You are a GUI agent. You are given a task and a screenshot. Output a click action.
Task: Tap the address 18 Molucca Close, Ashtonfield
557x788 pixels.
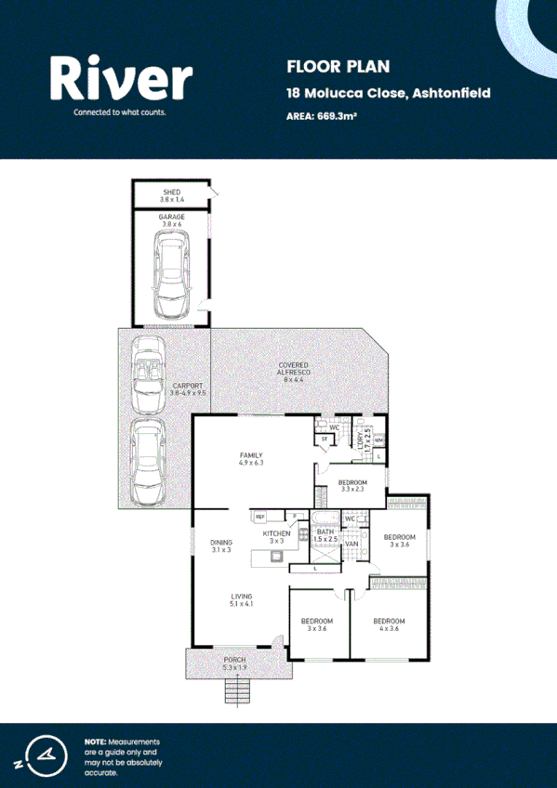[388, 93]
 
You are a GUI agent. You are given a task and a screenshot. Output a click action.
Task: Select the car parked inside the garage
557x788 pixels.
[172, 274]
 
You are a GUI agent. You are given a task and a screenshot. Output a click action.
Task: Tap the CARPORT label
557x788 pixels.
[187, 388]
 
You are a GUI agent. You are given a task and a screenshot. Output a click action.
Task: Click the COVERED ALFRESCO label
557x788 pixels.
[294, 371]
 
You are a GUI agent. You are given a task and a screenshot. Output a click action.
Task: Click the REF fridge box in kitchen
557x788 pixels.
[260, 516]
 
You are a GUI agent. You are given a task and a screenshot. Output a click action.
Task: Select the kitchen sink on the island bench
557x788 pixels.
[276, 558]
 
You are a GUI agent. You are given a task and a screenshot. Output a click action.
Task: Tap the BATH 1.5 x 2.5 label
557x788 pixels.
[325, 536]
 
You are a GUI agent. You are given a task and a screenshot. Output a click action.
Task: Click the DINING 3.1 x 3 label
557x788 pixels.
[220, 546]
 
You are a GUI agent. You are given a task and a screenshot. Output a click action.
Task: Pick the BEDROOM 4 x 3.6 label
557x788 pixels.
[390, 624]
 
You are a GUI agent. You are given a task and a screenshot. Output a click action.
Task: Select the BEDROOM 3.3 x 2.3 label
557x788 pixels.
[353, 486]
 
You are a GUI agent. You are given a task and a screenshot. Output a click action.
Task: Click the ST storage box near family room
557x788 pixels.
[325, 439]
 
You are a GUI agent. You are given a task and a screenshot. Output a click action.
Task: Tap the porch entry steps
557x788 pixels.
[238, 691]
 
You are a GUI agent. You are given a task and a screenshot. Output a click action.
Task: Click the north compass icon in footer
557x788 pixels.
[42, 754]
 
